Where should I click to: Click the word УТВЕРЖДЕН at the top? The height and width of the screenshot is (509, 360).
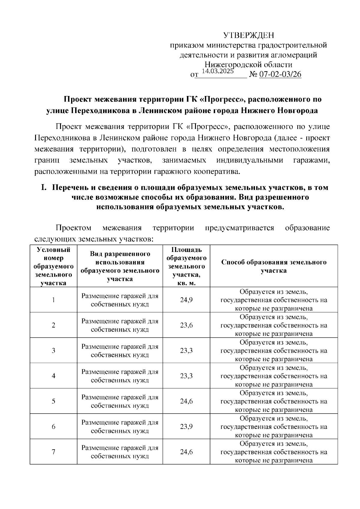pyautogui.click(x=249, y=36)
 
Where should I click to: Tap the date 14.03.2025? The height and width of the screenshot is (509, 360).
pyautogui.click(x=217, y=71)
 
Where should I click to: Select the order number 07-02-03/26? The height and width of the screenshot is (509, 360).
pyautogui.click(x=280, y=74)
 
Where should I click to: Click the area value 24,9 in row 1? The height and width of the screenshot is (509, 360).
pyautogui.click(x=186, y=300)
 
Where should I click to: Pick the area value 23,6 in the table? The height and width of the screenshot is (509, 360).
pyautogui.click(x=186, y=325)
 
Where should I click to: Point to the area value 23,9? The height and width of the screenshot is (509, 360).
pyautogui.click(x=186, y=426)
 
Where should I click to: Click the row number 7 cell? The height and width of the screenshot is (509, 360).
pyautogui.click(x=53, y=452)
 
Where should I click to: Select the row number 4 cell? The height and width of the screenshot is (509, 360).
pyautogui.click(x=53, y=376)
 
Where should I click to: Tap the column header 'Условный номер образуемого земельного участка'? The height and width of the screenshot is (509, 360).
pyautogui.click(x=53, y=266)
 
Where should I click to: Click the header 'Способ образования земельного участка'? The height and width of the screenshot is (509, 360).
pyautogui.click(x=274, y=266)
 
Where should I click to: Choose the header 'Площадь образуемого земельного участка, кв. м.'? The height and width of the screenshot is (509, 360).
pyautogui.click(x=186, y=266)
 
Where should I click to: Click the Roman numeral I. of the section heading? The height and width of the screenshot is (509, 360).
pyautogui.click(x=44, y=187)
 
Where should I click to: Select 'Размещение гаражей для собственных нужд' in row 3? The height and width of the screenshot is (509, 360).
pyautogui.click(x=120, y=350)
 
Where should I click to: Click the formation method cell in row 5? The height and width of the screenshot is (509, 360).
pyautogui.click(x=274, y=401)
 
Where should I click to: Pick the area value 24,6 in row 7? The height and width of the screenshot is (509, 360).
pyautogui.click(x=186, y=452)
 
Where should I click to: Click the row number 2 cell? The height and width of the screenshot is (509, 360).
pyautogui.click(x=53, y=325)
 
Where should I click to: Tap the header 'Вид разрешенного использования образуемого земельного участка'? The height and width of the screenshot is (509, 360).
pyautogui.click(x=120, y=266)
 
